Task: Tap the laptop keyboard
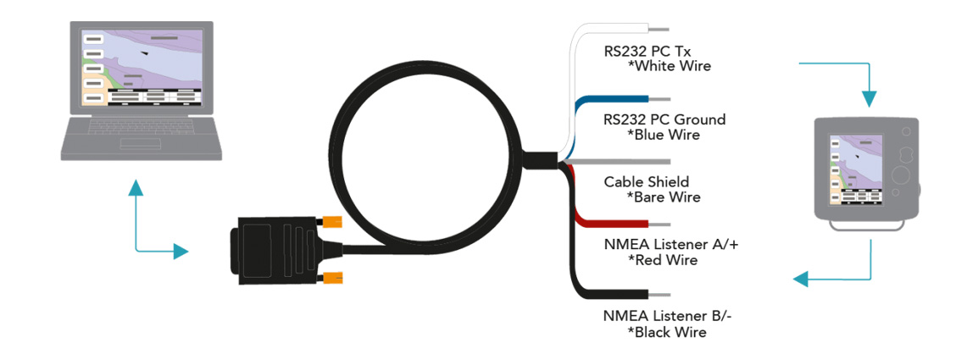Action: [141, 135]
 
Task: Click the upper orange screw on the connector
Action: [331, 223]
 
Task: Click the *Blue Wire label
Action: [663, 135]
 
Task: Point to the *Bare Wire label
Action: [663, 197]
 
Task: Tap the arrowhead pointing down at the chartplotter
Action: [870, 98]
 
